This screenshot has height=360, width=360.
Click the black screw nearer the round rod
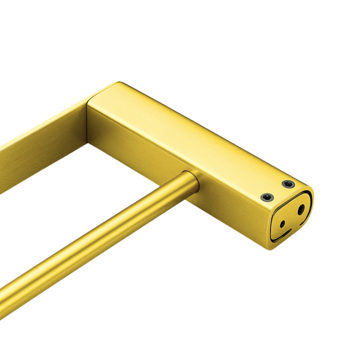click(267, 197)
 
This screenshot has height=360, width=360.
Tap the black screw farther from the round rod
click(288, 184)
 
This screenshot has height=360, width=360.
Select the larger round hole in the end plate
click(301, 209)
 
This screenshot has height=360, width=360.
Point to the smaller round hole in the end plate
click(282, 224)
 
